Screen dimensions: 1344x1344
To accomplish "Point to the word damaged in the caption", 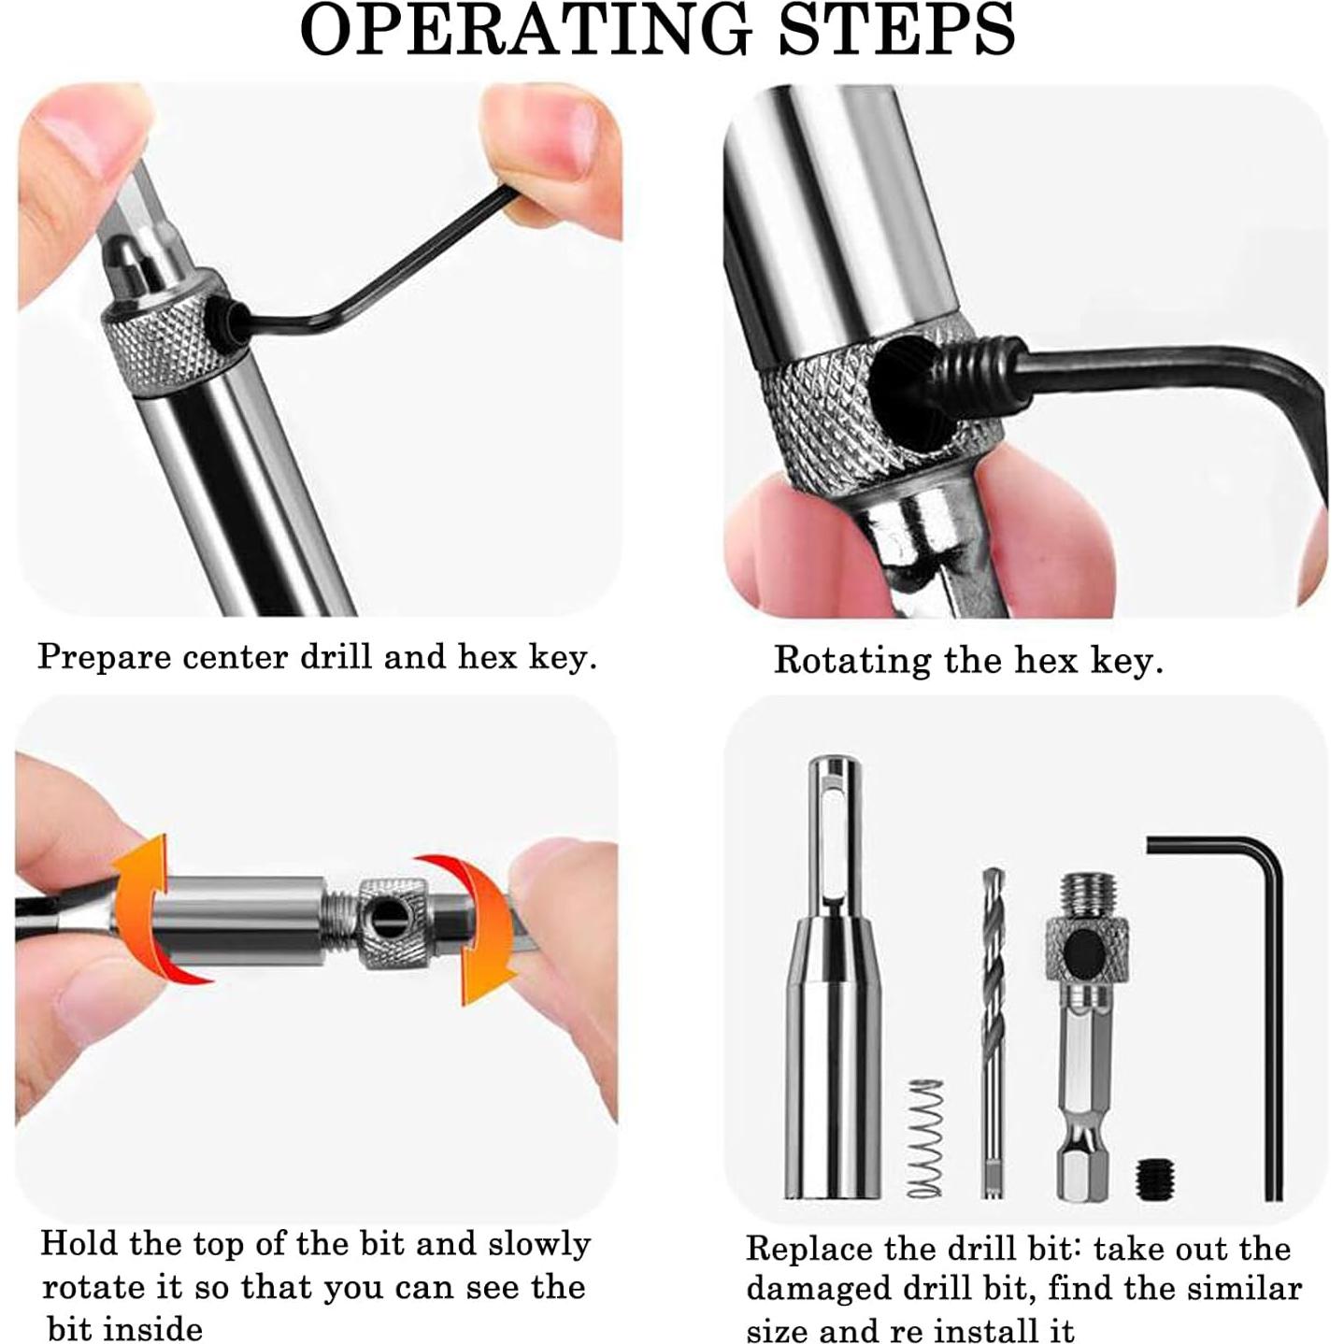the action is [812, 1291].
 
